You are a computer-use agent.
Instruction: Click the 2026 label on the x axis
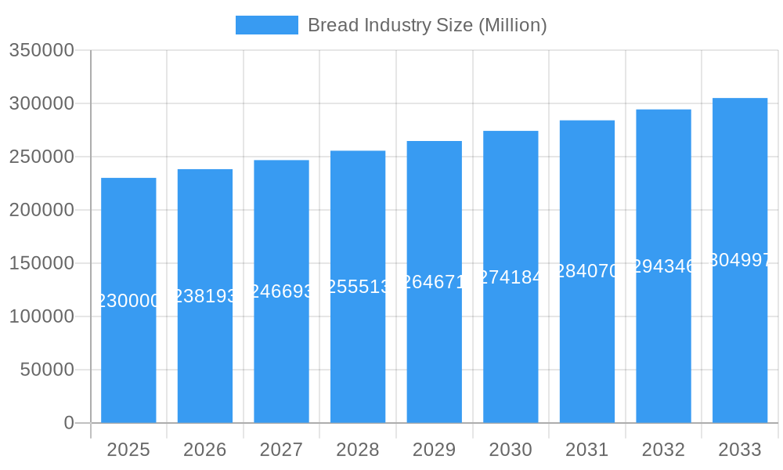click(204, 450)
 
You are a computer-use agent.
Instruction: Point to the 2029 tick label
click(434, 450)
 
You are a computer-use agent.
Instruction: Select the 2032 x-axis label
click(663, 450)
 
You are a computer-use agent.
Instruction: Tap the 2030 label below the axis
click(511, 450)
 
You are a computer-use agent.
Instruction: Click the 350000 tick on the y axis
click(41, 51)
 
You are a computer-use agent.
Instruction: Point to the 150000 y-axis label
click(41, 263)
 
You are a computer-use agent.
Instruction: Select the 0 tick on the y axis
click(69, 423)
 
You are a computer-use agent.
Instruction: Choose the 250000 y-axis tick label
click(41, 157)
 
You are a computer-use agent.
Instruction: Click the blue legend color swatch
click(267, 25)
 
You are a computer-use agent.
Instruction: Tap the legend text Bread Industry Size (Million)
click(427, 25)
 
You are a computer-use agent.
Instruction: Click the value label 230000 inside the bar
click(128, 301)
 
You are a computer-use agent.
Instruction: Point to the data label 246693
click(281, 291)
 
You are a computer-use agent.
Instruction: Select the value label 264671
click(434, 282)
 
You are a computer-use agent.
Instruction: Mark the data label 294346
click(663, 266)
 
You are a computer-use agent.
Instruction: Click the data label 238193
click(204, 296)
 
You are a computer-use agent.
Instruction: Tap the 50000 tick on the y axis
click(47, 370)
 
